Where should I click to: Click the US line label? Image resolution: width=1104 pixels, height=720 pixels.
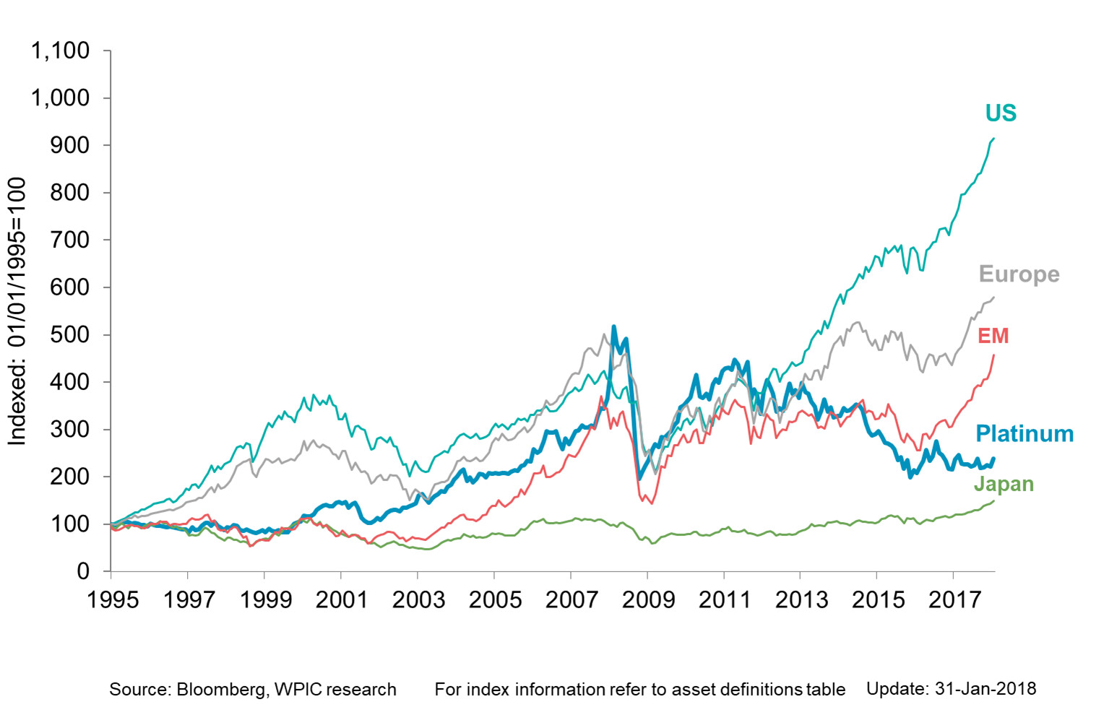1001,113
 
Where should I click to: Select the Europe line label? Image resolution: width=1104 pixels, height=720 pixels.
1019,274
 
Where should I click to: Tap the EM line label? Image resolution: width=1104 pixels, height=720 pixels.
993,336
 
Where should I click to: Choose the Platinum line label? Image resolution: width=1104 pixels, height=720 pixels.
1024,433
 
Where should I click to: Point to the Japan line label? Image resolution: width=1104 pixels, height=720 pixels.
1004,484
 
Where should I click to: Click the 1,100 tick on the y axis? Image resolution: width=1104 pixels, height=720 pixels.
60,51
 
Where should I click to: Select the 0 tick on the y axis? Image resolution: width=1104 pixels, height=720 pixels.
83,571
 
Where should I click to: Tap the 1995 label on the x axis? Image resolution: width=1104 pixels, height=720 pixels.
113,599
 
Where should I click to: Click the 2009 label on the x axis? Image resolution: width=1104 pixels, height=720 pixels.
648,599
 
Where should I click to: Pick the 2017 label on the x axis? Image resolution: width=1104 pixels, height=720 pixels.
954,599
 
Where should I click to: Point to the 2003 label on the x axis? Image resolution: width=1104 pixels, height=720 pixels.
418,599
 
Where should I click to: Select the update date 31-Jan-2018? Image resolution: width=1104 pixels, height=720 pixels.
985,689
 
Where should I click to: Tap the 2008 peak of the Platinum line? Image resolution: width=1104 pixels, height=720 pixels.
614,326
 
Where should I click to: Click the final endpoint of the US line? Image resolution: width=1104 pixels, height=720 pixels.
994,138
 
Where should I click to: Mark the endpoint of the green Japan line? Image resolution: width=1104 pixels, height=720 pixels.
994,501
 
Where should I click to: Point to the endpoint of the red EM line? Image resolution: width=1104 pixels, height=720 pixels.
994,355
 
